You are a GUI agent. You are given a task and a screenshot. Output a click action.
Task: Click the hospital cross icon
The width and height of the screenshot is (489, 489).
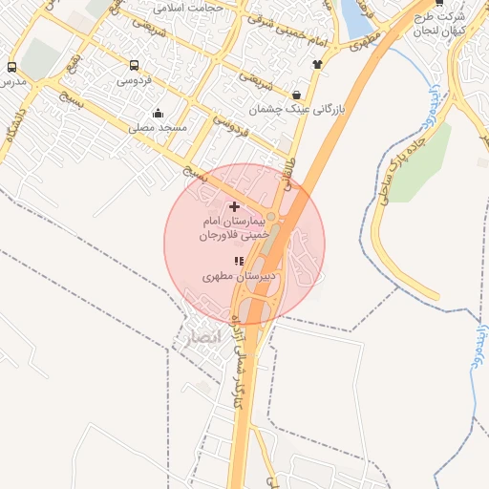point(234,206)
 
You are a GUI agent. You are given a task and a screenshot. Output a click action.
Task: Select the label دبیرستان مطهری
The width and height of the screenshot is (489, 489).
point(239,276)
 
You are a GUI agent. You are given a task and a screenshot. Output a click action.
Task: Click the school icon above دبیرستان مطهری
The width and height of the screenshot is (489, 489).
point(239,261)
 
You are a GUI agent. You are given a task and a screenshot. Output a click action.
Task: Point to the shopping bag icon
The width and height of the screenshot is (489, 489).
point(297,95)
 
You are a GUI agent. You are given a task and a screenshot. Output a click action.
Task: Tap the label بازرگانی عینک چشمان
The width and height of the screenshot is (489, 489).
point(296,110)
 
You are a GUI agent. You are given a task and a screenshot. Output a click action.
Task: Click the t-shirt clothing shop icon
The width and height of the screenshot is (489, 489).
point(317,64)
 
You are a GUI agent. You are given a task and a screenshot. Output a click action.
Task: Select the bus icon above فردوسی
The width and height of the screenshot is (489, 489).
point(134,66)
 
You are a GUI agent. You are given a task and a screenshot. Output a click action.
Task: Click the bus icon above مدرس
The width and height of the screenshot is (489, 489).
point(11,67)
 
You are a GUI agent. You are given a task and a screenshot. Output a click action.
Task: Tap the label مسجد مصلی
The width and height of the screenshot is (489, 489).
point(159,127)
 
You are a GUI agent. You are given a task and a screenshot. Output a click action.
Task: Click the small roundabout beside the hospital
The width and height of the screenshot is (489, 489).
point(271,218)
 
